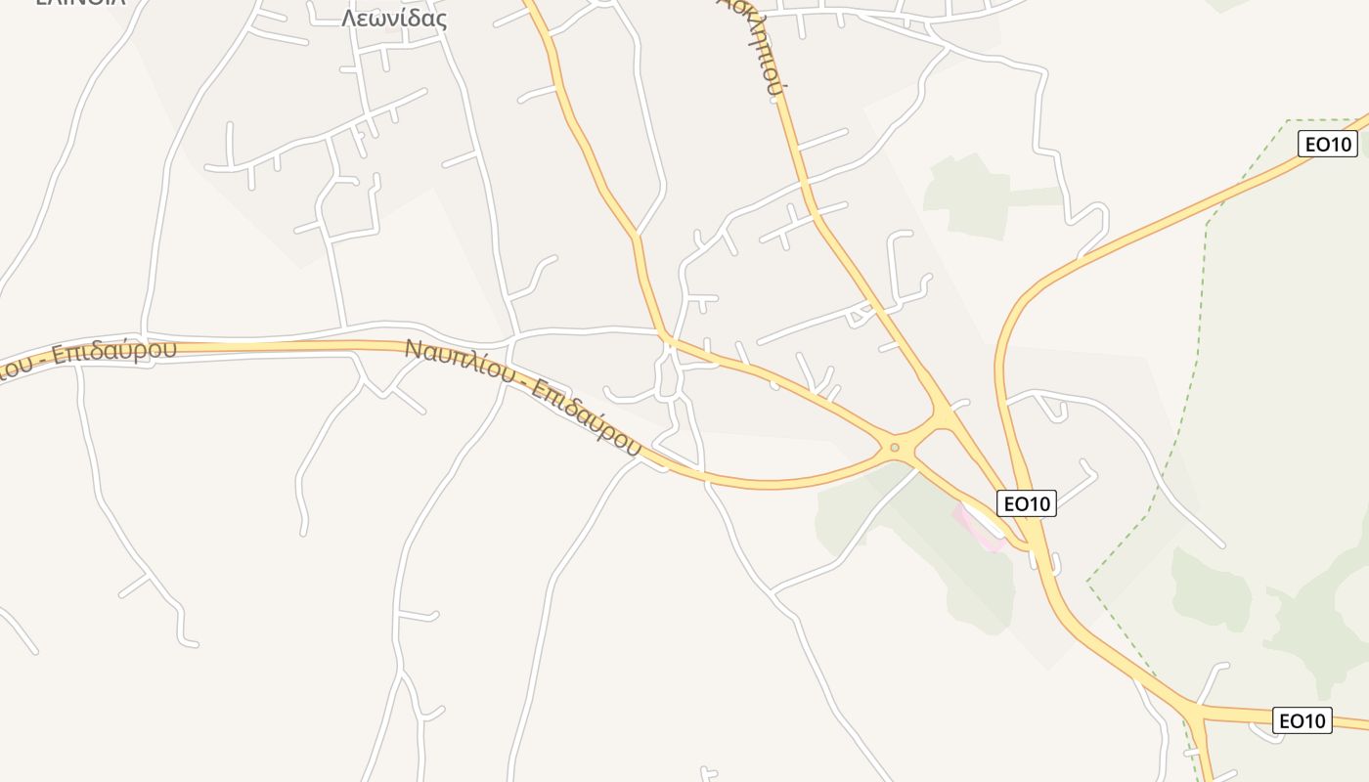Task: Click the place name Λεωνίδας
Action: [394, 19]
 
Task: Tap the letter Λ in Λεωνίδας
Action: [348, 19]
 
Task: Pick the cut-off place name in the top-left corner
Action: [80, 3]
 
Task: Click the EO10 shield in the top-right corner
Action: [1328, 145]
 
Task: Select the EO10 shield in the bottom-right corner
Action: [1303, 721]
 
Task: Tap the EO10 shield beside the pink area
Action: [1027, 504]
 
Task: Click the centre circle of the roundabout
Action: [894, 448]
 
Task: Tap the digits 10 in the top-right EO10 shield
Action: [1340, 145]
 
